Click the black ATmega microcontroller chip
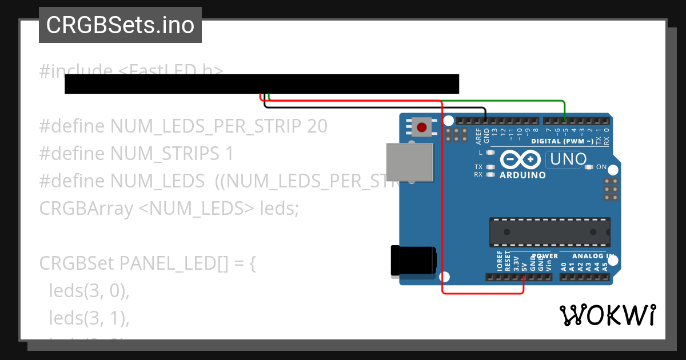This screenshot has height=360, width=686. pos(549,232)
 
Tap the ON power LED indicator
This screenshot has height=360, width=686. pos(590,167)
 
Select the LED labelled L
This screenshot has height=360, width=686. pos(489,153)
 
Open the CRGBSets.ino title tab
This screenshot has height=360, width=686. pos(120,25)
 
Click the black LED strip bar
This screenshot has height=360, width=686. pos(262,83)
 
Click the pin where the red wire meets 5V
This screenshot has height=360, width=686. pos(524,278)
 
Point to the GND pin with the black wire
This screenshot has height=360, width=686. pos(485,121)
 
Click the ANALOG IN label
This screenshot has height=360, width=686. pos(593,256)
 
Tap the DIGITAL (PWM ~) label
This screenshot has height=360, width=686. pos(562,141)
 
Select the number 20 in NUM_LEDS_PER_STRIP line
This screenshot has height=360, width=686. pos(317,126)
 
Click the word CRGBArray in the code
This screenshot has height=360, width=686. pos(86,209)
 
